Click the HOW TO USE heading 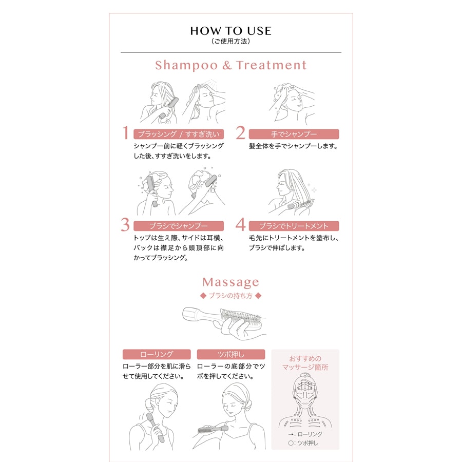pyautogui.click(x=230, y=31)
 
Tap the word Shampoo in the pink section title pyautogui.click(x=186, y=65)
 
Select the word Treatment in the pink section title pyautogui.click(x=271, y=65)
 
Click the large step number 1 pyautogui.click(x=126, y=132)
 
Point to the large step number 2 pyautogui.click(x=240, y=132)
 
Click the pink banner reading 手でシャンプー pyautogui.click(x=294, y=134)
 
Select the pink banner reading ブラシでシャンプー pyautogui.click(x=179, y=226)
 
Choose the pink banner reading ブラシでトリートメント pyautogui.click(x=294, y=226)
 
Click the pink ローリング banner pyautogui.click(x=157, y=354)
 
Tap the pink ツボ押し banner pyautogui.click(x=231, y=354)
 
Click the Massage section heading pyautogui.click(x=230, y=282)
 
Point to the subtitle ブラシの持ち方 pyautogui.click(x=230, y=296)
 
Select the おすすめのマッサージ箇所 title pyautogui.click(x=305, y=363)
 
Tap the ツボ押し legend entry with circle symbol pyautogui.click(x=303, y=443)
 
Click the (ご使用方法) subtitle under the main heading pyautogui.click(x=230, y=41)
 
